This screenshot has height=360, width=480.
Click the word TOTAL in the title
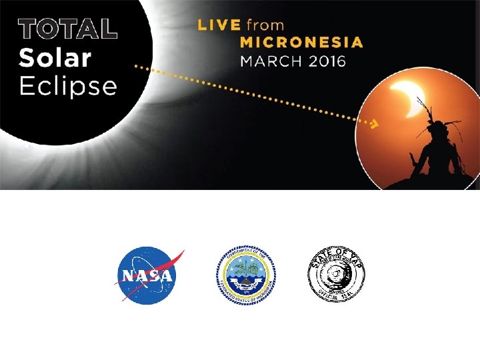(x=68, y=28)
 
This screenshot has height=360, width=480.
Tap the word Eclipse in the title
(x=68, y=87)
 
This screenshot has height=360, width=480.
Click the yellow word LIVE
(x=219, y=25)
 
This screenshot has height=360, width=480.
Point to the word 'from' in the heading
(x=265, y=25)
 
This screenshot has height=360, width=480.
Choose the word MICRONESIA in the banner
(x=301, y=43)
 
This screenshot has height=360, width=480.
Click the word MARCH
(x=269, y=61)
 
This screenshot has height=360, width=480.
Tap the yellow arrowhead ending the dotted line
(x=375, y=123)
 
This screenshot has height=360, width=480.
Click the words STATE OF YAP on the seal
(x=336, y=254)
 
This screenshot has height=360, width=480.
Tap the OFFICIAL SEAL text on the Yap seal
(x=336, y=297)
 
